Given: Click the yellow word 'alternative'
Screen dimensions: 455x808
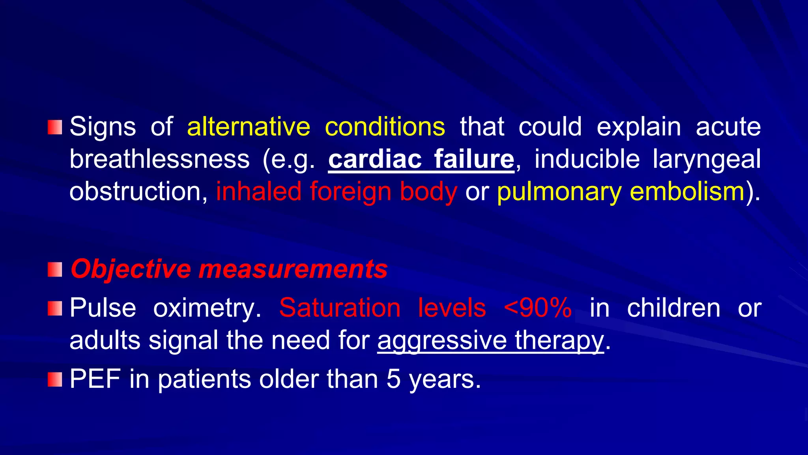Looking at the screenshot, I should pyautogui.click(x=249, y=127).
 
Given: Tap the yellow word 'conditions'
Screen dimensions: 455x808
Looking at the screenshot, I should pyautogui.click(x=385, y=127).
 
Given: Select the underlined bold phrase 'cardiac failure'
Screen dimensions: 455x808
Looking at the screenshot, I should pyautogui.click(x=421, y=159).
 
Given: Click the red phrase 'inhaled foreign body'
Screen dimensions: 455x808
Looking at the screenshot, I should pyautogui.click(x=337, y=192).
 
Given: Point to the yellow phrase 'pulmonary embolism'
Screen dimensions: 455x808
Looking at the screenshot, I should pyautogui.click(x=621, y=192).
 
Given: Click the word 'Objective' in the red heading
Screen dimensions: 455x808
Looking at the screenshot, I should pyautogui.click(x=131, y=269).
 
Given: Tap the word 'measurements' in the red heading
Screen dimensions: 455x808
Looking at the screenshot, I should pyautogui.click(x=293, y=269).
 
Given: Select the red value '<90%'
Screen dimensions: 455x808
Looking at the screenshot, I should pyautogui.click(x=538, y=308).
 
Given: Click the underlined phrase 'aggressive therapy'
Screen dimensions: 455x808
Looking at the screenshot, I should pyautogui.click(x=490, y=340).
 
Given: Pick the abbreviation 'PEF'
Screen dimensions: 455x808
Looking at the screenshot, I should pyautogui.click(x=95, y=379).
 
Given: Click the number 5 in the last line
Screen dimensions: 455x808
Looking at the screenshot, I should pyautogui.click(x=393, y=379).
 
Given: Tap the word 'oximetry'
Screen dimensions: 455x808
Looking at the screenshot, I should pyautogui.click(x=207, y=308).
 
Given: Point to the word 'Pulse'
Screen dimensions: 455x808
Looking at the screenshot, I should pyautogui.click(x=103, y=308).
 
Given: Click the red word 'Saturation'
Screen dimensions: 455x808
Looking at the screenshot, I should pyautogui.click(x=340, y=308).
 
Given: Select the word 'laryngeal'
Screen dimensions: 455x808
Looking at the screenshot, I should pyautogui.click(x=707, y=159).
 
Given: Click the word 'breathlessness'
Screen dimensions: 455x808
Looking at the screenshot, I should pyautogui.click(x=159, y=159).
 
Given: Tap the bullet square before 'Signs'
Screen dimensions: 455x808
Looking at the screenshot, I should pyautogui.click(x=55, y=127).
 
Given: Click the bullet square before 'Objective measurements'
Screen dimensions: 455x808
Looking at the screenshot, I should pyautogui.click(x=55, y=270).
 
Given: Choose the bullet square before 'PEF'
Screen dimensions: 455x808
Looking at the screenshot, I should pyautogui.click(x=55, y=380).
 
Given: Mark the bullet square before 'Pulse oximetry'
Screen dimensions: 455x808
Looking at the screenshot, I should pyautogui.click(x=55, y=308).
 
